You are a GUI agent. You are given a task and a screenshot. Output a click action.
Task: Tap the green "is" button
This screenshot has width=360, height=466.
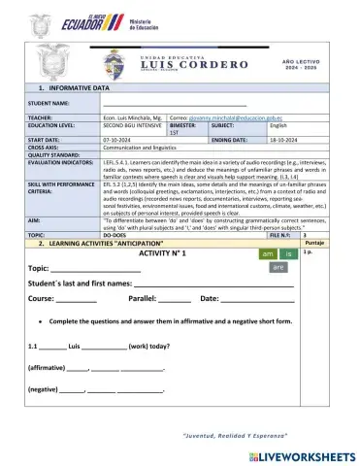coord(288,253)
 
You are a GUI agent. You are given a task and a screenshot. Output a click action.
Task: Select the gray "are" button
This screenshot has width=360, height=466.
coord(278,266)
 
